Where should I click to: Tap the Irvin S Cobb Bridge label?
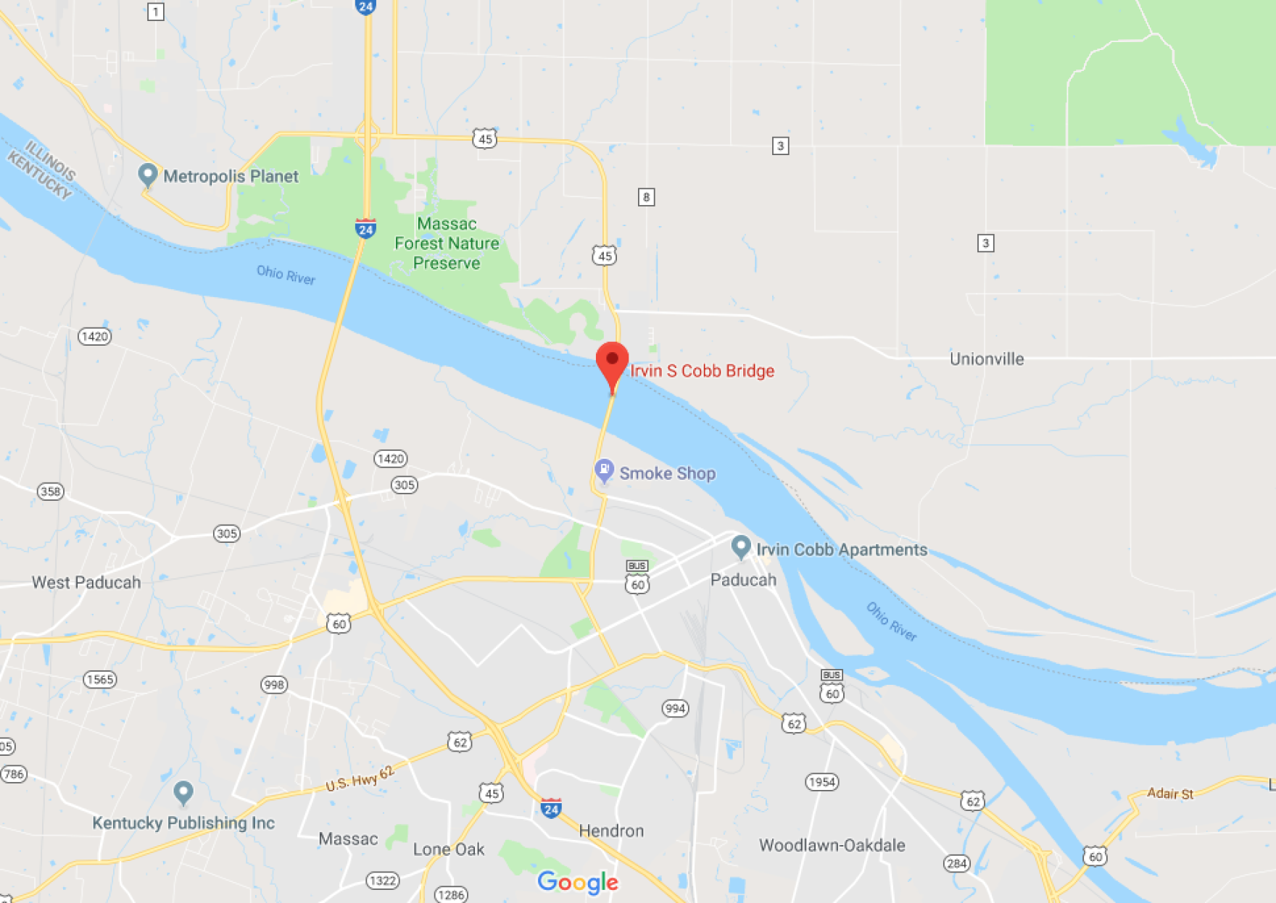pyautogui.click(x=702, y=371)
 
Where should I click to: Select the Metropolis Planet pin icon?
pyautogui.click(x=148, y=175)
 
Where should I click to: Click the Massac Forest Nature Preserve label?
pyautogui.click(x=447, y=244)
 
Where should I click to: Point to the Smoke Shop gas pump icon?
pyautogui.click(x=604, y=471)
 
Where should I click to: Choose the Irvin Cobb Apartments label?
pyautogui.click(x=842, y=549)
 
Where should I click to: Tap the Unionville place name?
pyautogui.click(x=987, y=359)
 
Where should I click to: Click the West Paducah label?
pyautogui.click(x=86, y=583)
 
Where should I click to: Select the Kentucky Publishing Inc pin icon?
pyautogui.click(x=183, y=792)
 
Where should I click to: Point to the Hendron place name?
pyautogui.click(x=611, y=831)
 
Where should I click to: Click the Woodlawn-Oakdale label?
pyautogui.click(x=832, y=846)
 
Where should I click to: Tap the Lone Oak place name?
pyautogui.click(x=449, y=849)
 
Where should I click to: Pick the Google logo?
pyautogui.click(x=578, y=882)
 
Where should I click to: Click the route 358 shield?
pyautogui.click(x=51, y=491)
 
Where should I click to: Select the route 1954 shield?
pyautogui.click(x=821, y=782)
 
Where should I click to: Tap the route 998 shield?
pyautogui.click(x=274, y=685)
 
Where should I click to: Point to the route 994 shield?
pyautogui.click(x=675, y=708)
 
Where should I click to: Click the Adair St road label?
pyautogui.click(x=1169, y=794)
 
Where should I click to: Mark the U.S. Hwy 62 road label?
pyautogui.click(x=360, y=778)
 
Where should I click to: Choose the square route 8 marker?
pyautogui.click(x=646, y=197)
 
